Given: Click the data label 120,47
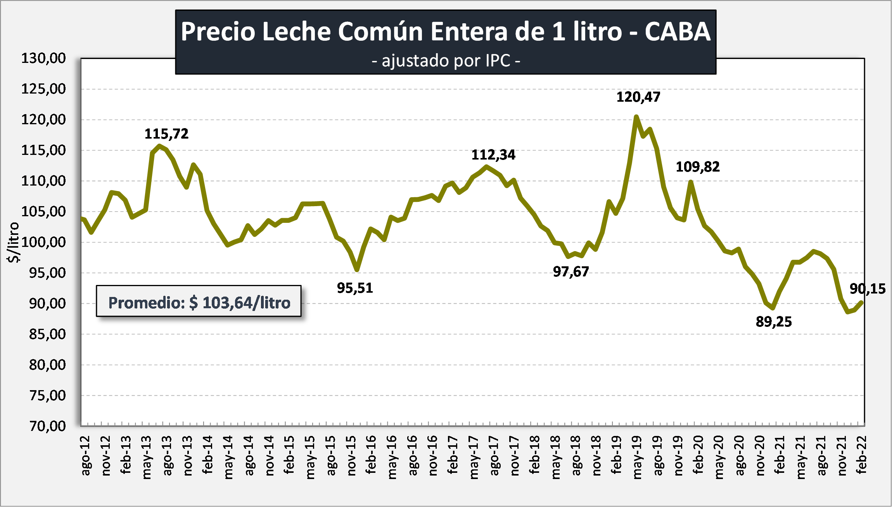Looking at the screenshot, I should (x=638, y=97).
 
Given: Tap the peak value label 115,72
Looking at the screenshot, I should (x=166, y=134).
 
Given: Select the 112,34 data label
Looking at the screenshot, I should (x=493, y=155).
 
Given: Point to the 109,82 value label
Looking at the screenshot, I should (x=697, y=167).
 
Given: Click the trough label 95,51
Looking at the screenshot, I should (x=355, y=288).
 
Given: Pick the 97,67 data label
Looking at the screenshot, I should (x=571, y=272).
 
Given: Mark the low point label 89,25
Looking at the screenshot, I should (x=774, y=322).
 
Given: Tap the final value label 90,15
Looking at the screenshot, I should (x=868, y=289).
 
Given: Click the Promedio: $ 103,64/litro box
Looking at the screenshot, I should (x=199, y=302).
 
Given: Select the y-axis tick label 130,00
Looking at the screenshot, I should (x=43, y=58).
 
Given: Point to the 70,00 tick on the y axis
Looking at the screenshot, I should (x=47, y=426).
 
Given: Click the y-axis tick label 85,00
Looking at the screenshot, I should (x=47, y=334).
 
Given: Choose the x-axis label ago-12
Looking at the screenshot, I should (x=85, y=455).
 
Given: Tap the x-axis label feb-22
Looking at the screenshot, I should (x=861, y=455).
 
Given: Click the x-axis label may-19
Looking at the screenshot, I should (x=637, y=457).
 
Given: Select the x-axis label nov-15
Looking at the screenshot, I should (x=351, y=455).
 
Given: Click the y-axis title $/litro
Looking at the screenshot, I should (x=13, y=243).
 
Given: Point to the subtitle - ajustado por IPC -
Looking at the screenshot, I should (x=446, y=61).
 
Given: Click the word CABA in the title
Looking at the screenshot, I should (x=677, y=31).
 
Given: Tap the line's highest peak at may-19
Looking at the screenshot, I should (x=636, y=116).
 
